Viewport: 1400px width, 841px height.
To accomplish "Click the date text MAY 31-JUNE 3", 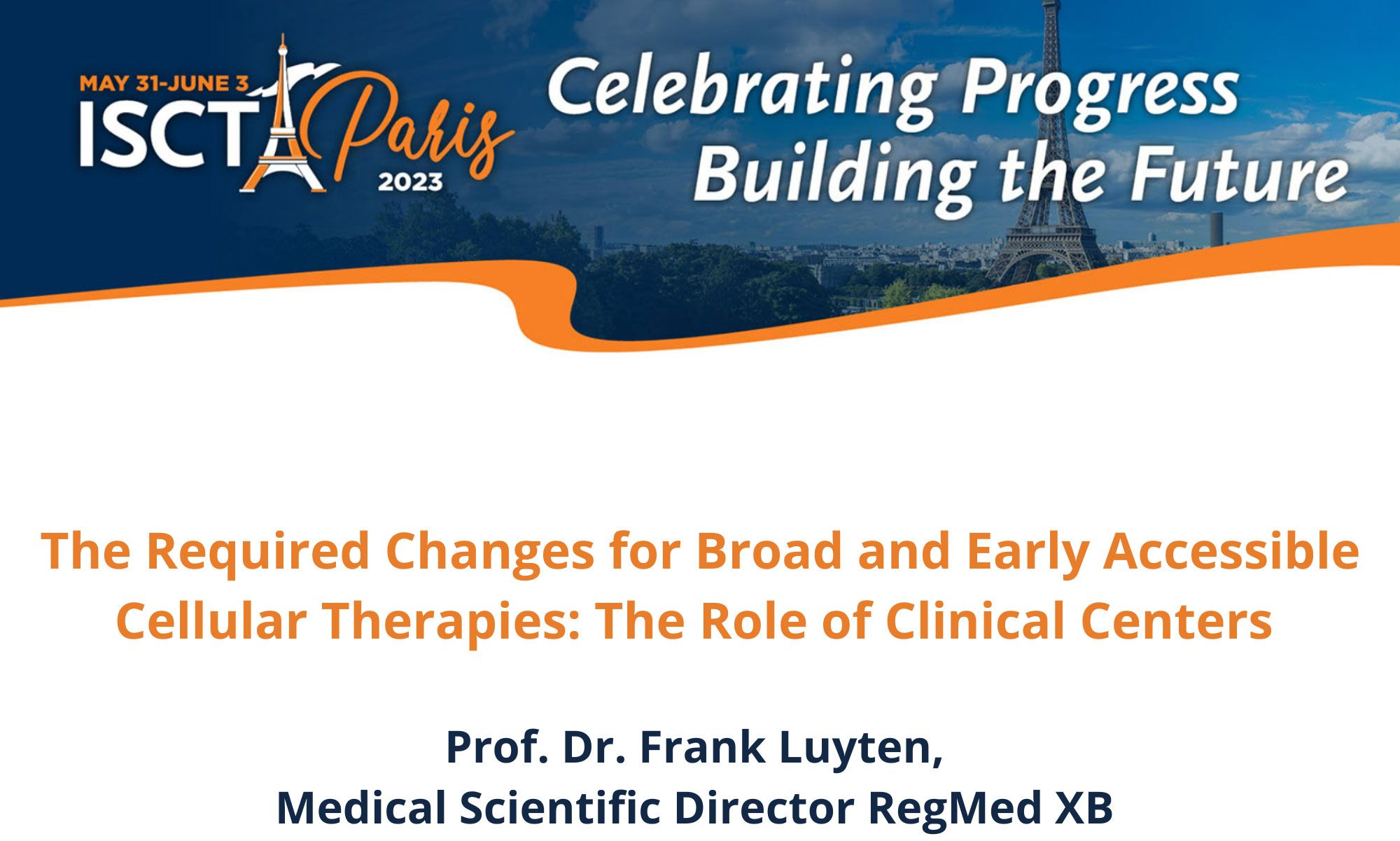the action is pos(164,84).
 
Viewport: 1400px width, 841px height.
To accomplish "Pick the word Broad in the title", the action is pos(768,550).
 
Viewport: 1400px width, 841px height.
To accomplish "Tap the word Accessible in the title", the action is pos(1231,550).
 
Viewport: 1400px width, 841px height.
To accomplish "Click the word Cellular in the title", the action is pos(211,620).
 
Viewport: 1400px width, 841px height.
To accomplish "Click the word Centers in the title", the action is pos(1176,621).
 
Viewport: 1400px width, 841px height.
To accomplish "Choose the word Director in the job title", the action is pos(764,808).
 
